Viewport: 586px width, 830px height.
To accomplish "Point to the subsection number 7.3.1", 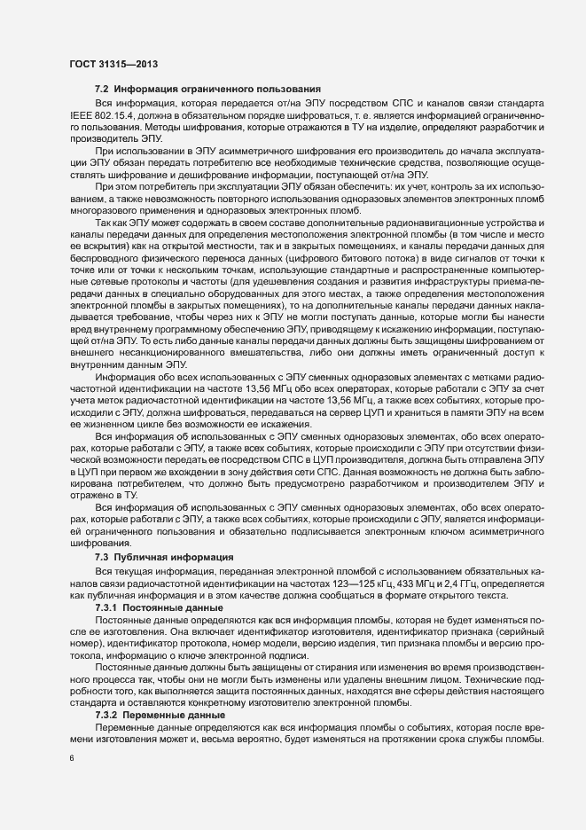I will (x=110, y=609).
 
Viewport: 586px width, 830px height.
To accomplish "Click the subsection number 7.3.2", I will (x=110, y=714).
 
